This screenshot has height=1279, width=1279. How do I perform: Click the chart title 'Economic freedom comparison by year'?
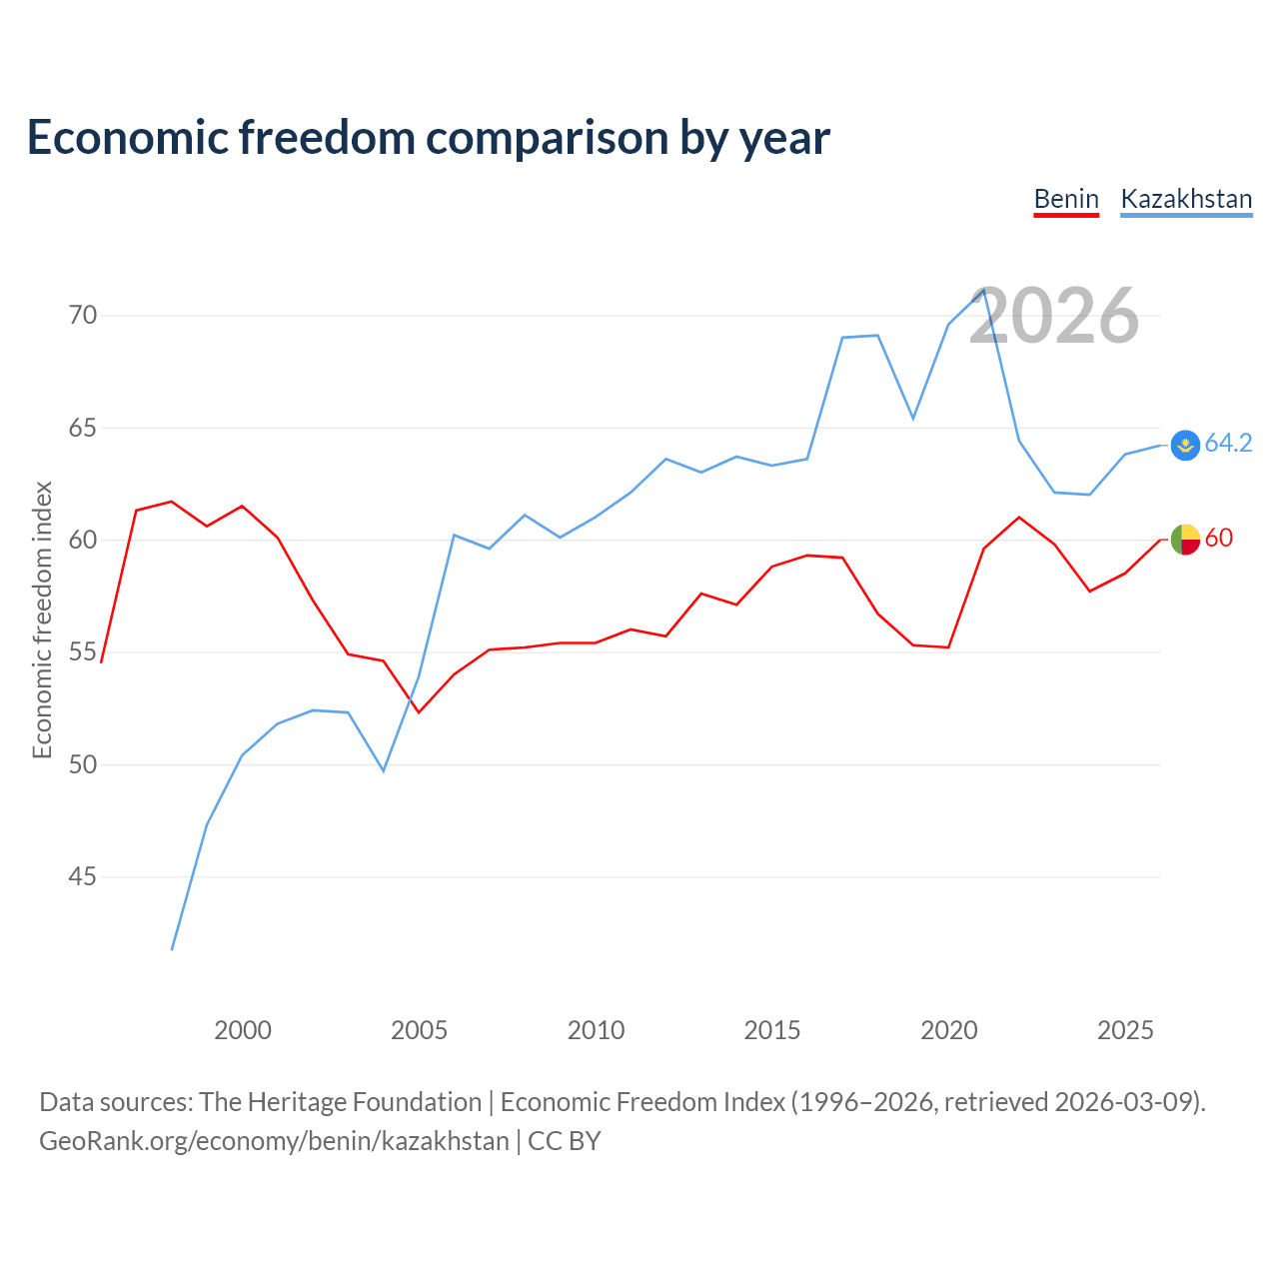(x=428, y=138)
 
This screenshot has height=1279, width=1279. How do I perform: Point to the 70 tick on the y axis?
(x=83, y=315)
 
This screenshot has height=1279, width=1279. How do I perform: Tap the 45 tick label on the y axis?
(x=83, y=876)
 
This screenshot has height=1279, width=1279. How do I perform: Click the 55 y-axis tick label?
(x=83, y=651)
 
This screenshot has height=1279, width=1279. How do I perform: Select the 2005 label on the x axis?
(x=419, y=1030)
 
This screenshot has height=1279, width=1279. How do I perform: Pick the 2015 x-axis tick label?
(x=772, y=1030)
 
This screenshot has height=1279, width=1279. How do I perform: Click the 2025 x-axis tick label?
(x=1125, y=1030)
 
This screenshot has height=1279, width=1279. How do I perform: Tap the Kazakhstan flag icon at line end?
(x=1185, y=445)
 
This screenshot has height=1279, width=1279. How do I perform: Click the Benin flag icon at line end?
(x=1185, y=539)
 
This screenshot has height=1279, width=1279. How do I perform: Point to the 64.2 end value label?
(x=1229, y=443)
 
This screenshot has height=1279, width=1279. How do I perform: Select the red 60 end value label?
(x=1219, y=538)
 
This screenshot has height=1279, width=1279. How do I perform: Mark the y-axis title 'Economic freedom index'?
(x=42, y=620)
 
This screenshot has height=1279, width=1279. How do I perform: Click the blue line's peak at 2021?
(x=983, y=290)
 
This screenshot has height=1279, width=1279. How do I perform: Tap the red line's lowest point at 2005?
(x=419, y=712)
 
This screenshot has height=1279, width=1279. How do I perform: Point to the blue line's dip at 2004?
(x=384, y=770)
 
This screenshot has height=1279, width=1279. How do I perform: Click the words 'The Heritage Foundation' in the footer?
(x=341, y=1102)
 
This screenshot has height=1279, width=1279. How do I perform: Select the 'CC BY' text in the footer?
(x=565, y=1142)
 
